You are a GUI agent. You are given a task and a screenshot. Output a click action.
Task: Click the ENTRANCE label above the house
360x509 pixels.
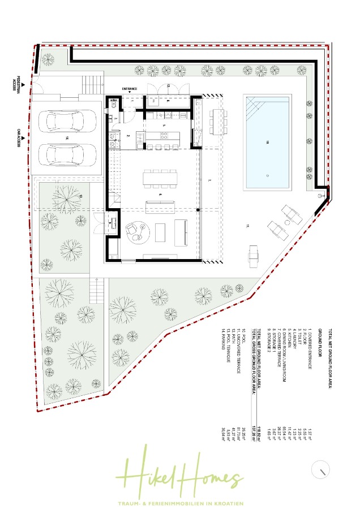(x=130, y=89)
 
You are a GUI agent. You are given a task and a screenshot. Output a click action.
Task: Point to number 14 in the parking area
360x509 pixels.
(x=66, y=137)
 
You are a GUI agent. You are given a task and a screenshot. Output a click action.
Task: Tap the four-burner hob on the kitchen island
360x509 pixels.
(x=164, y=135)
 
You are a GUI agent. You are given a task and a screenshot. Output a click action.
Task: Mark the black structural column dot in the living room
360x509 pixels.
(x=198, y=210)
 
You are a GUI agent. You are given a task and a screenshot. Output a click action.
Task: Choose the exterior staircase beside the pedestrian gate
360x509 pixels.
(x=93, y=84)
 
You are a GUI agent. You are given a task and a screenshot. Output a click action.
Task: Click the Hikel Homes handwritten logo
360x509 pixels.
(x=181, y=474)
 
